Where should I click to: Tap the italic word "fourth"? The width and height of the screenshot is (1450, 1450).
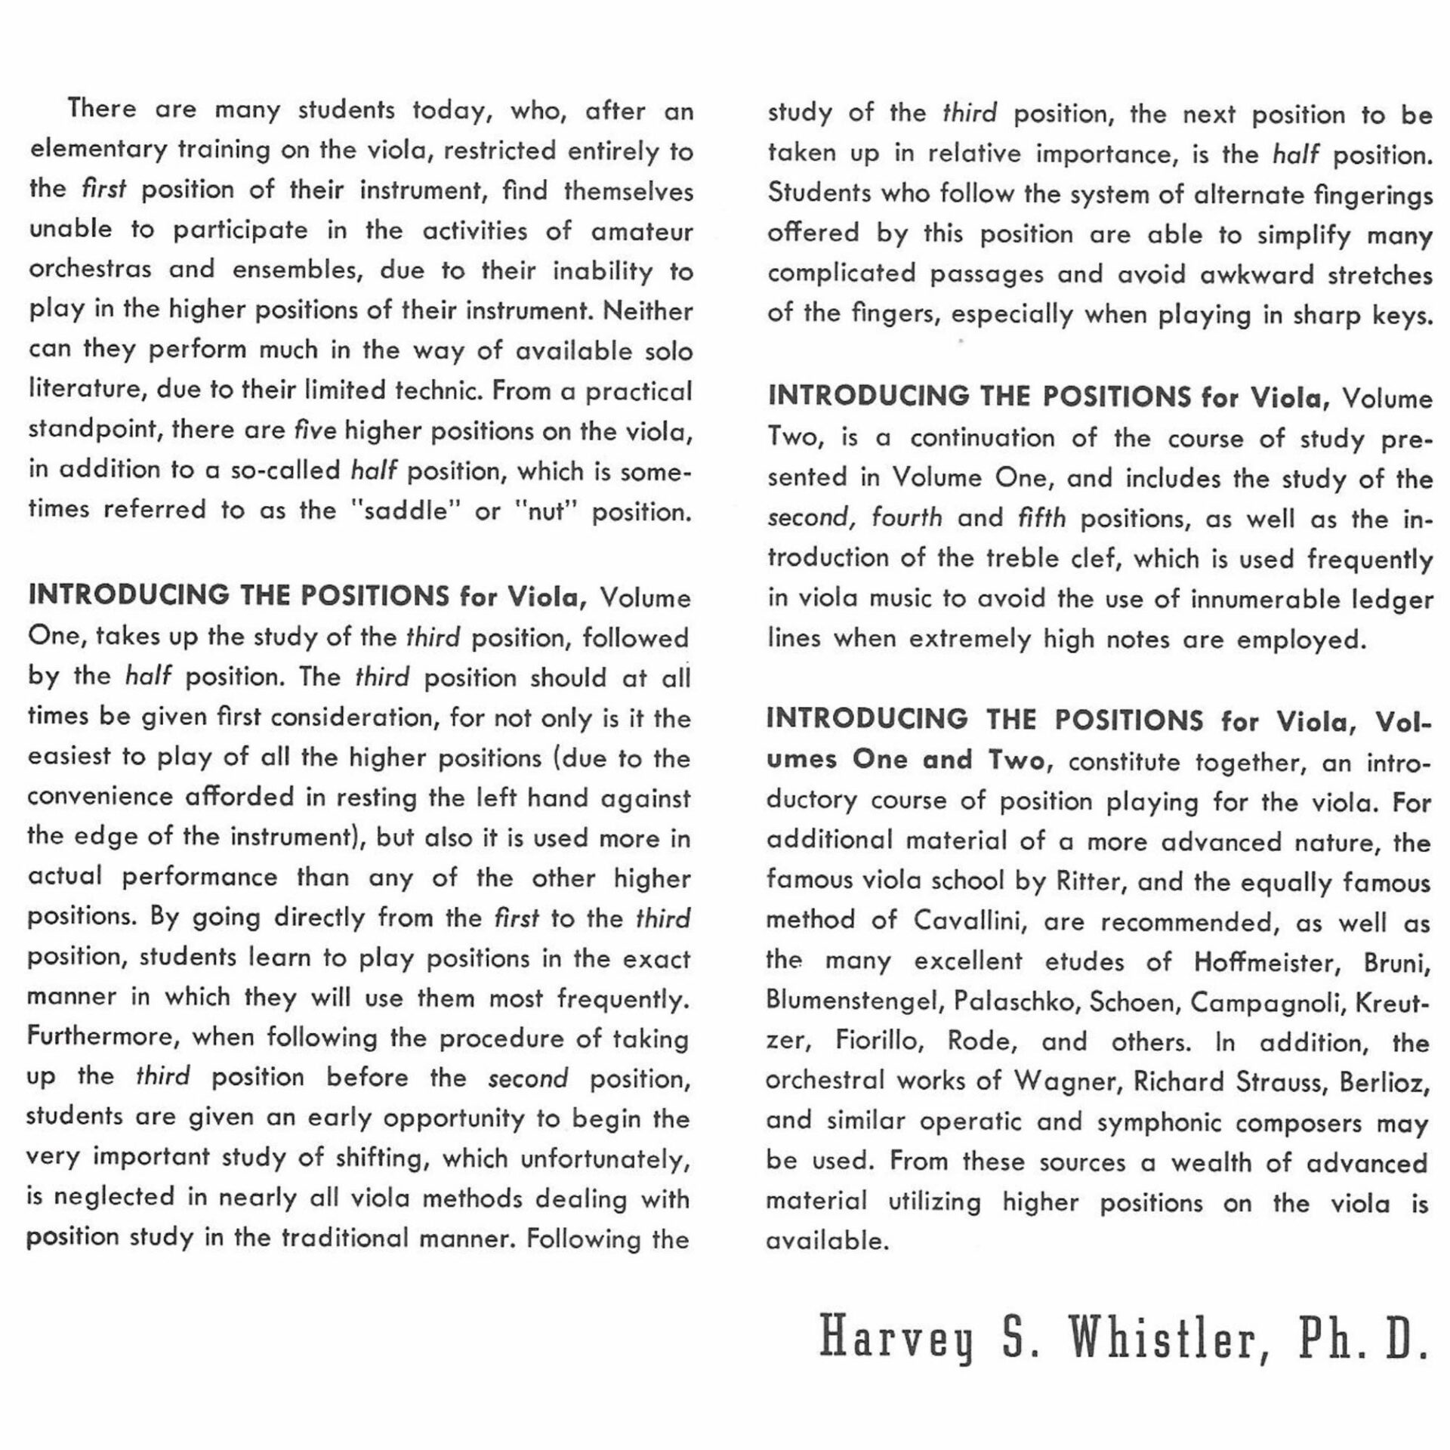point(906,518)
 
